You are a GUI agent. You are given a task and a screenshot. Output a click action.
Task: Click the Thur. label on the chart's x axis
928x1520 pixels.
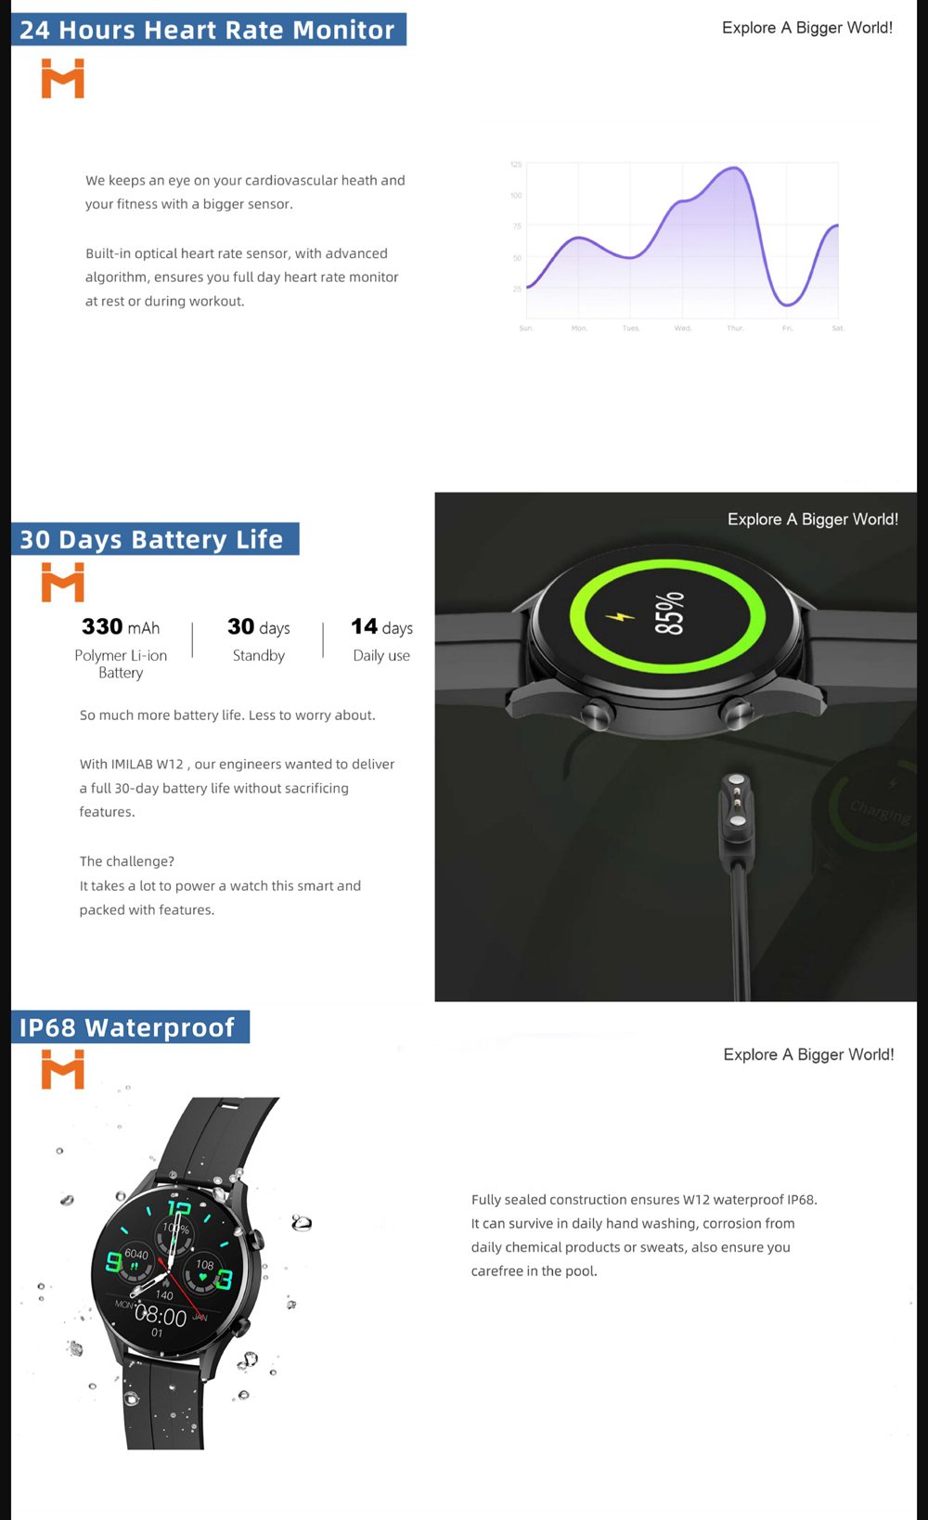click(735, 328)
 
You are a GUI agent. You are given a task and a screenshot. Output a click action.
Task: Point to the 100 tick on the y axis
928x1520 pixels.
click(516, 196)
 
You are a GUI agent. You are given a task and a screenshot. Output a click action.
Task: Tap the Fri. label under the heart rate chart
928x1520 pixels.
click(787, 328)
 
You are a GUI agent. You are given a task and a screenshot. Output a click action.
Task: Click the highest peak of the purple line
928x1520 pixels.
click(734, 168)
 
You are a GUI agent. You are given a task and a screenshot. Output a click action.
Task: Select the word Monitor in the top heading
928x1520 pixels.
click(343, 31)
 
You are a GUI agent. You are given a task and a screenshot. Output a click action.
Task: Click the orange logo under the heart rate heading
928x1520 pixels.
click(63, 79)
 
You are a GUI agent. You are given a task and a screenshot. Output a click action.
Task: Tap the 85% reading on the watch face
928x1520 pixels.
click(669, 613)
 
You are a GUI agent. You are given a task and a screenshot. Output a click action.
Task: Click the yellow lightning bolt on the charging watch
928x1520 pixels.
click(620, 616)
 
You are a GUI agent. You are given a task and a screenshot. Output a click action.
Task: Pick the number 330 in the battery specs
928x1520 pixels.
click(102, 627)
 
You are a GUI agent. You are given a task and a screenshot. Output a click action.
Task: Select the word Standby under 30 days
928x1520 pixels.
click(259, 656)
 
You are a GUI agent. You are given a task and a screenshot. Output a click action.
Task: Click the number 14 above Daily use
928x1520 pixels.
click(364, 627)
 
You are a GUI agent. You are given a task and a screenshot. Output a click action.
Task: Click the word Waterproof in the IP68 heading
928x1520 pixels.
click(160, 1028)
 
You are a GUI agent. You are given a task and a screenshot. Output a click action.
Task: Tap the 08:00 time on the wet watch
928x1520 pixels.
click(161, 1317)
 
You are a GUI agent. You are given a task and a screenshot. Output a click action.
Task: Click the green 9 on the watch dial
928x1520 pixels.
click(114, 1262)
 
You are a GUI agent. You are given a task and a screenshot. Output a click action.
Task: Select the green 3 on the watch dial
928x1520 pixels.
click(224, 1281)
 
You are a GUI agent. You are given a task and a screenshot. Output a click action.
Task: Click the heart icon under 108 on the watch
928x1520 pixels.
click(203, 1278)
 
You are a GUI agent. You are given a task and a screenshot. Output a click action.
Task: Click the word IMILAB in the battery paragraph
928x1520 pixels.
click(132, 765)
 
